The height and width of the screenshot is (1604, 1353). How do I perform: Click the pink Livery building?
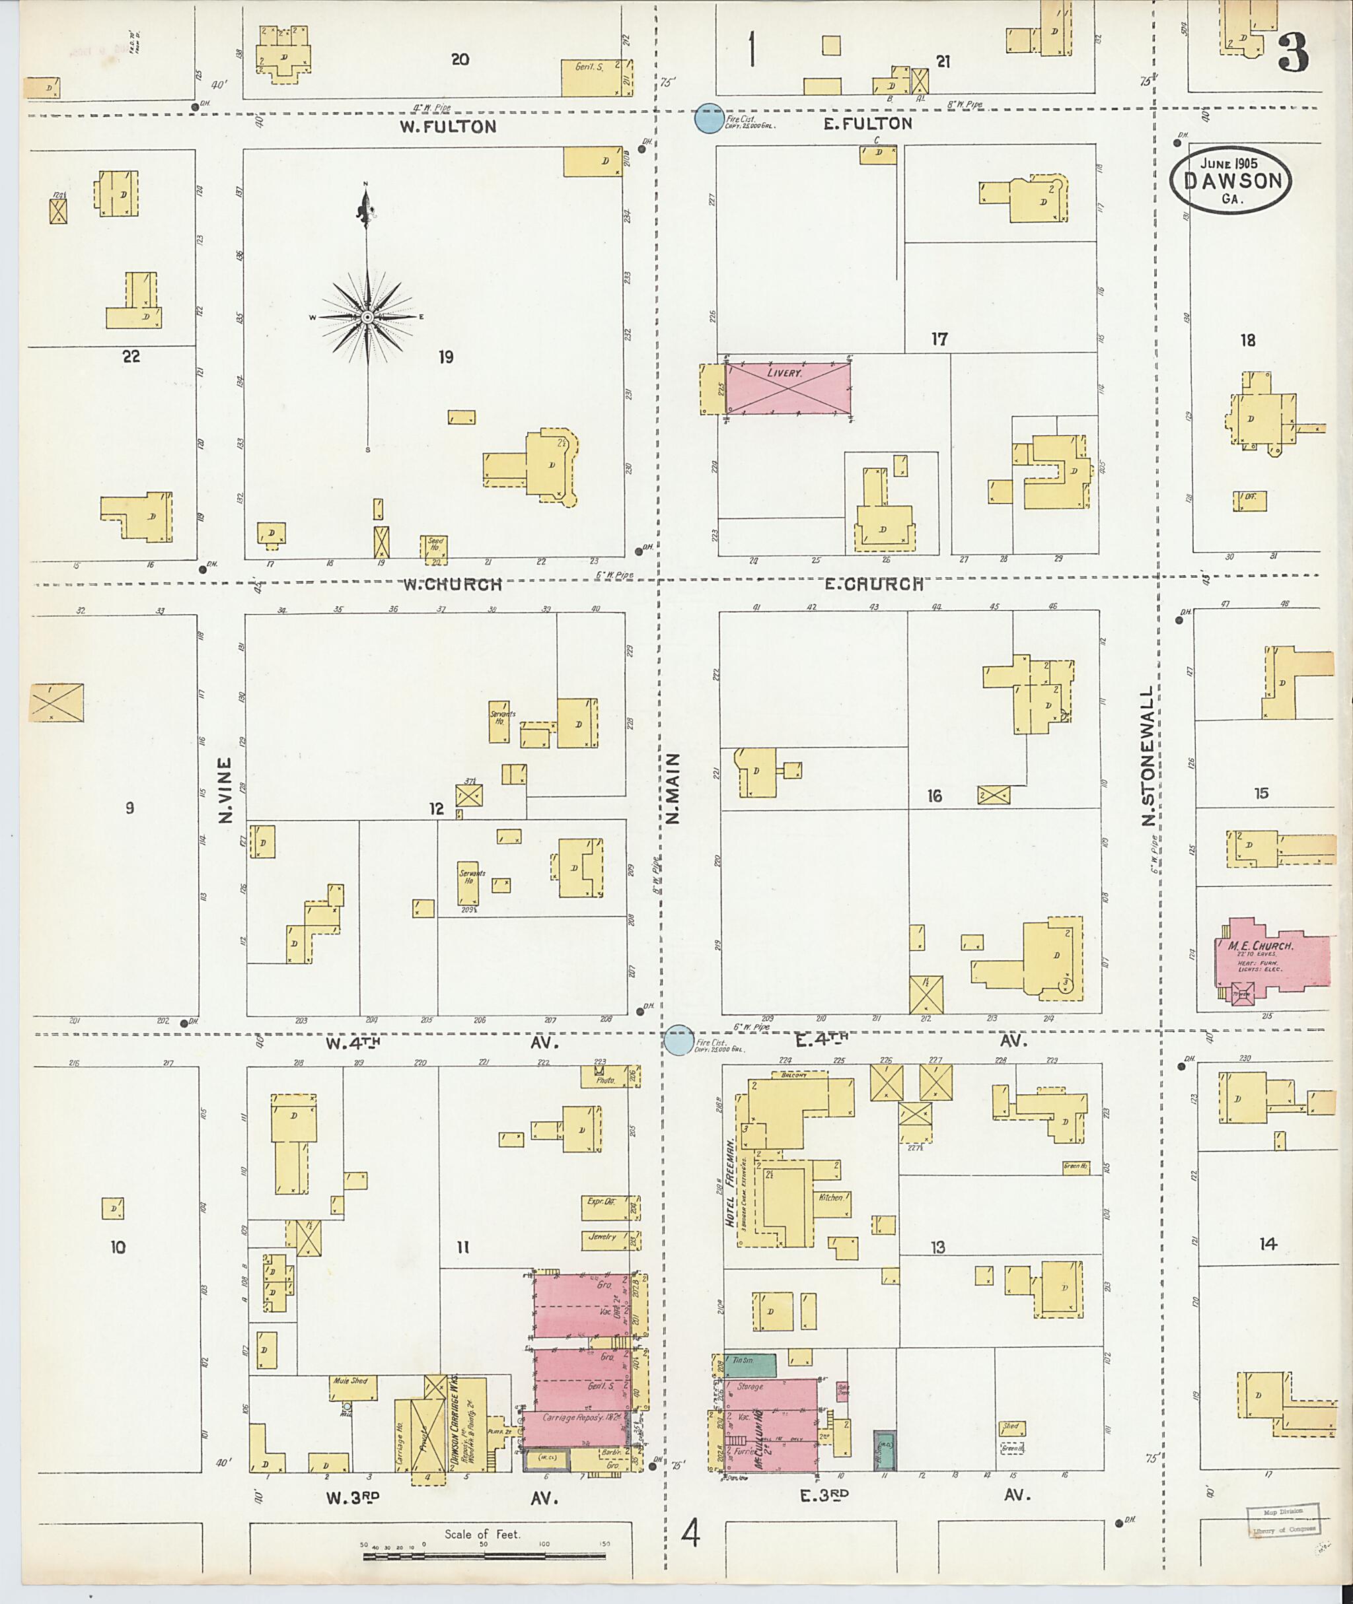[789, 390]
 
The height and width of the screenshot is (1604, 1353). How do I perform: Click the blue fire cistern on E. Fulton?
[709, 119]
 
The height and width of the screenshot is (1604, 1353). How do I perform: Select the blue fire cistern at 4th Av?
[678, 1041]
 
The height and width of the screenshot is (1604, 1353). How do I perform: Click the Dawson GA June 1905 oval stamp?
[1230, 180]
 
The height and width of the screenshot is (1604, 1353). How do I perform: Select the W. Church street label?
[453, 584]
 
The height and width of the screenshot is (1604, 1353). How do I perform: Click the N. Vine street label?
[225, 790]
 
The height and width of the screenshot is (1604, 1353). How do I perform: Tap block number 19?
[447, 357]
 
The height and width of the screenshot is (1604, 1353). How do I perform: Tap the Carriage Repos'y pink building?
[575, 1417]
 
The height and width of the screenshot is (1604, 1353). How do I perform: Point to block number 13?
[938, 1247]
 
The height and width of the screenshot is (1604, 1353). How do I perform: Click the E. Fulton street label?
[867, 123]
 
